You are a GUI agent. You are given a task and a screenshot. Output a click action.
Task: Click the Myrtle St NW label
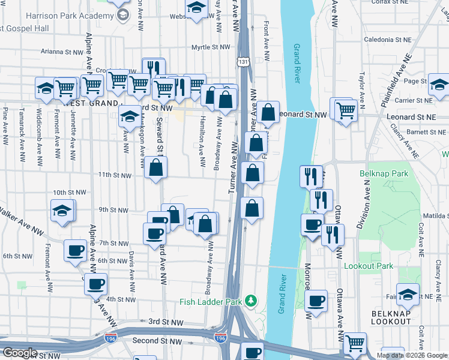211,47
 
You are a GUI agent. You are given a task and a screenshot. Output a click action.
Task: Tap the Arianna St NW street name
59,52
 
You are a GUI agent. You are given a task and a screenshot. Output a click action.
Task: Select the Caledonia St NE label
388,39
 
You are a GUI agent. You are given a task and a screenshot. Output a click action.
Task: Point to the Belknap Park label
384,173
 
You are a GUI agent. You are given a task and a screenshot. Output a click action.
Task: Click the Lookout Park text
368,265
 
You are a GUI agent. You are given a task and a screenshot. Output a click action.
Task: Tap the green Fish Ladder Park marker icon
255,300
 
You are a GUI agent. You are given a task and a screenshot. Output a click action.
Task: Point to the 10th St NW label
69,193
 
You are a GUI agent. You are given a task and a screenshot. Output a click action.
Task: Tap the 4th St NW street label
121,299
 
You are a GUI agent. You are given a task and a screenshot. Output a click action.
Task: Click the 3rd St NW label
166,322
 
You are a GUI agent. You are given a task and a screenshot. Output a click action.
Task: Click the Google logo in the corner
20,353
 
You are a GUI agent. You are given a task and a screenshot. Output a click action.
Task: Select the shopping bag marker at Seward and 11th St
156,169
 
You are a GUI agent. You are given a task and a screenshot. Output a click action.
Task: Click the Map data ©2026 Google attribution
412,355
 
